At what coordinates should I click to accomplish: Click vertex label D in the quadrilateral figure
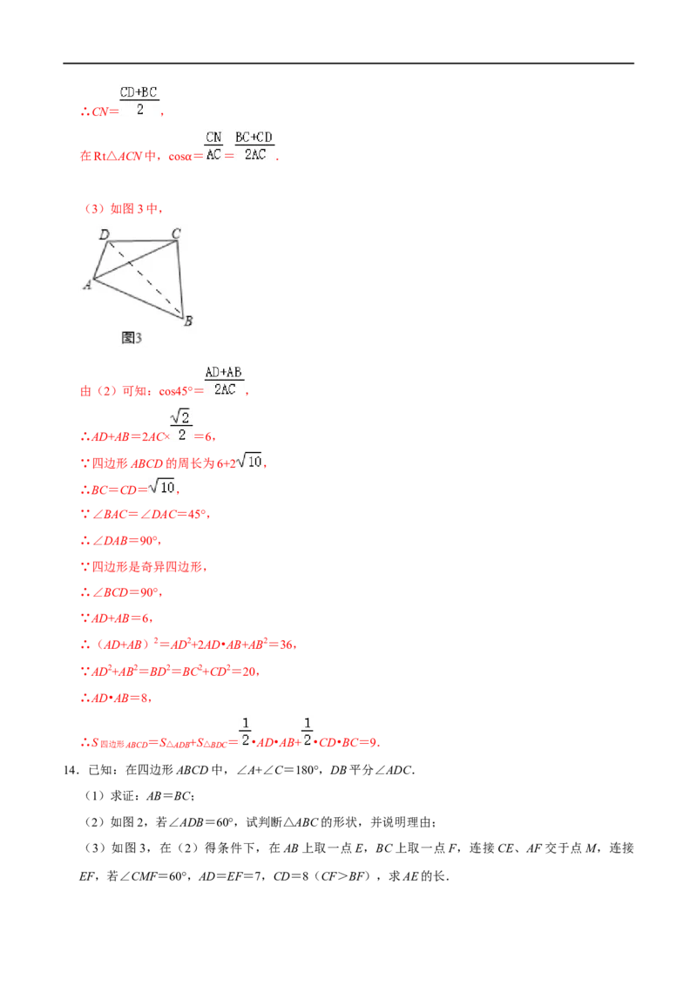click(105, 234)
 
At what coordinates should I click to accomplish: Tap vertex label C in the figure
click(176, 233)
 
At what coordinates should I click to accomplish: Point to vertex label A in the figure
click(87, 285)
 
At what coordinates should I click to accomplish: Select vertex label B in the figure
click(188, 321)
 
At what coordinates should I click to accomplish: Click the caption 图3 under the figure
click(132, 338)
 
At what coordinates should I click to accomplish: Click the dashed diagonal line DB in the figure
click(144, 279)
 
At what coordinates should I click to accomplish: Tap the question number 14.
click(71, 770)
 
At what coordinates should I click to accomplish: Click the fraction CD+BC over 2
click(139, 101)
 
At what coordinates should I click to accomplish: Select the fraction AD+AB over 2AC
click(225, 381)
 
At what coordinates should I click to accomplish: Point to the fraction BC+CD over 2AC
click(254, 145)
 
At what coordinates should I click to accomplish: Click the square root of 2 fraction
click(181, 425)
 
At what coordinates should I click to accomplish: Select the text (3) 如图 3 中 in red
click(124, 209)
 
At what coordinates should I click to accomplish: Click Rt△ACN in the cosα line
click(118, 156)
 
